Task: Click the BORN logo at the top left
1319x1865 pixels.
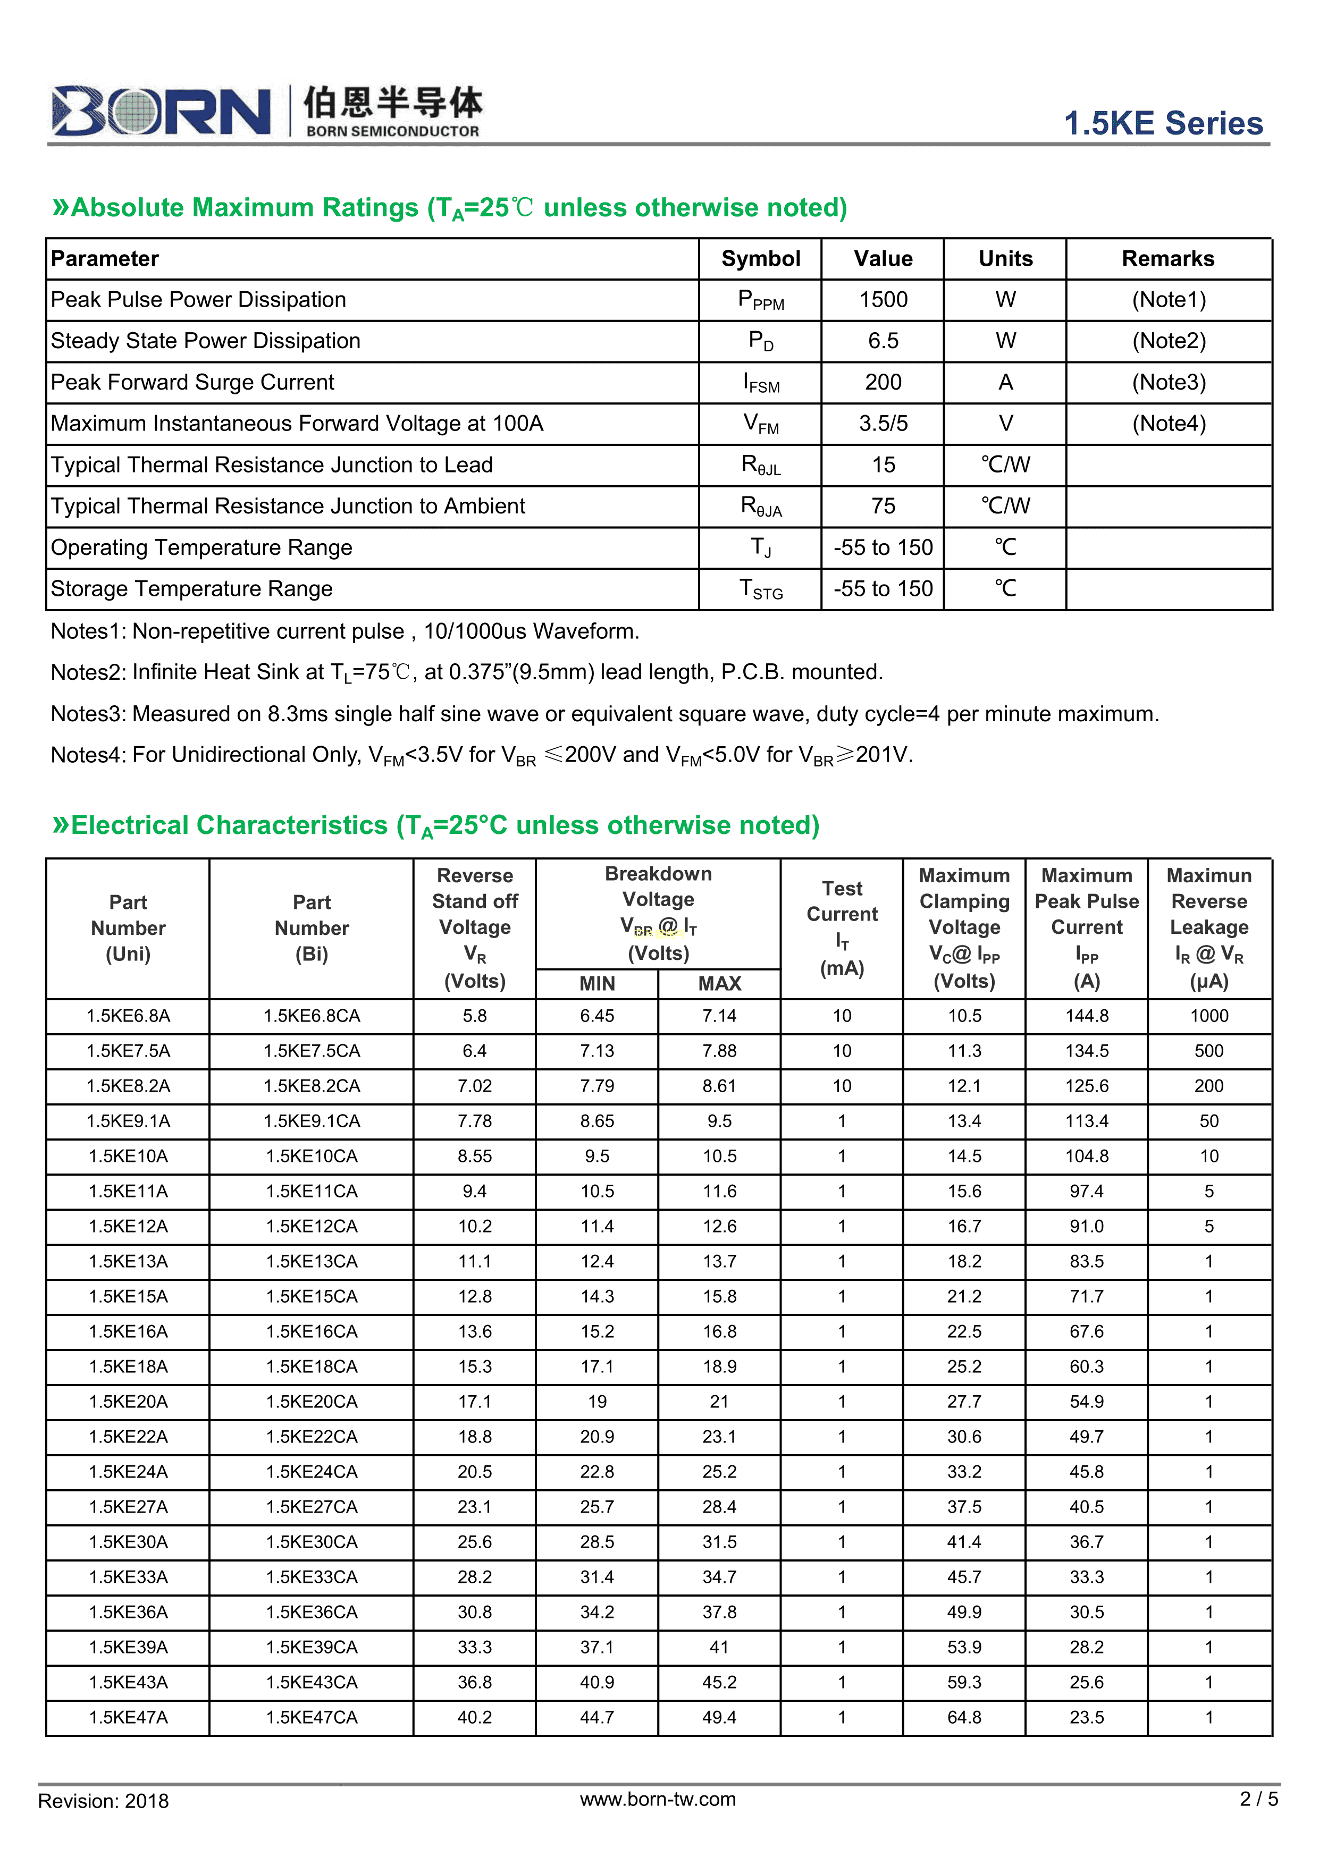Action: [x=161, y=111]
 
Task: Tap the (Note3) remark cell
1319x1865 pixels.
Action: [x=1168, y=383]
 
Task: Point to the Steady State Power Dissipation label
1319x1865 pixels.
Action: [x=206, y=341]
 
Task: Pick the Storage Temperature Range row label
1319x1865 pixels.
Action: [x=192, y=589]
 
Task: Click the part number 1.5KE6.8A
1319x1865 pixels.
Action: [x=129, y=1016]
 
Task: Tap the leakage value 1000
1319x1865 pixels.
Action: [x=1208, y=1016]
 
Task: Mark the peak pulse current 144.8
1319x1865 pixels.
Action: [x=1087, y=1016]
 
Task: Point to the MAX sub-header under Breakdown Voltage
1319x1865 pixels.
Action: [x=719, y=984]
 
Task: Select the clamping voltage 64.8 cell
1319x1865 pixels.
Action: [x=964, y=1717]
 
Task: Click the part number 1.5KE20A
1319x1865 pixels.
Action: [x=129, y=1402]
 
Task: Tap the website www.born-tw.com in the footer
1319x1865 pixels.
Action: [x=658, y=1799]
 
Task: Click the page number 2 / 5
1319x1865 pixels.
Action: [x=1258, y=1799]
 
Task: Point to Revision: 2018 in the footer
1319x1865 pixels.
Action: [x=103, y=1801]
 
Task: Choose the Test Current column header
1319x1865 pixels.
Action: [x=842, y=927]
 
